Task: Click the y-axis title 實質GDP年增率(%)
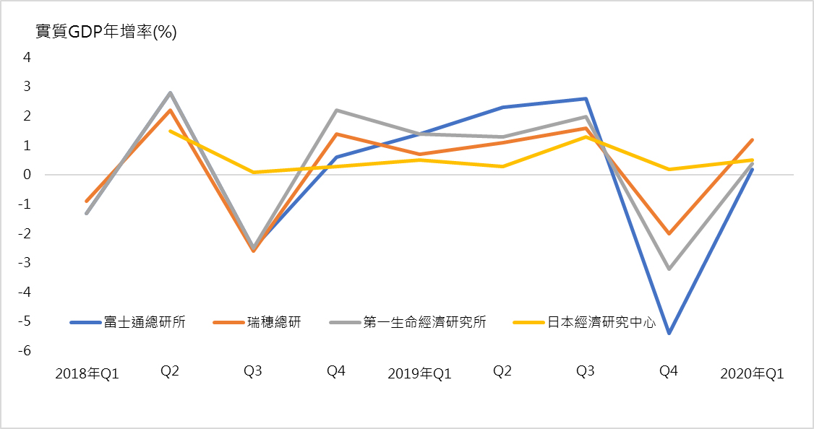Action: pos(106,32)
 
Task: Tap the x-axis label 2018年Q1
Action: pos(87,373)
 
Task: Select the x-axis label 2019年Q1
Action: pos(419,373)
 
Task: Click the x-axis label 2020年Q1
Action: pos(752,373)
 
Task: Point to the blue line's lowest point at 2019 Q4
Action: pos(669,333)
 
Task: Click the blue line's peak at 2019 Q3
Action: pos(586,98)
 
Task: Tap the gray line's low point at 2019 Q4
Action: pos(669,269)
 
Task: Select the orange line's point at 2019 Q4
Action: pos(669,233)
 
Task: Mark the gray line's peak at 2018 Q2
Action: pos(170,92)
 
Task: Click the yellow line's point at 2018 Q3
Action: pos(253,172)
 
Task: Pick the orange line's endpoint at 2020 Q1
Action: pos(752,139)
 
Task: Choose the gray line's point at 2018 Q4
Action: pos(336,110)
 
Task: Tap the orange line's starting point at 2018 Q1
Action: pos(87,201)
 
